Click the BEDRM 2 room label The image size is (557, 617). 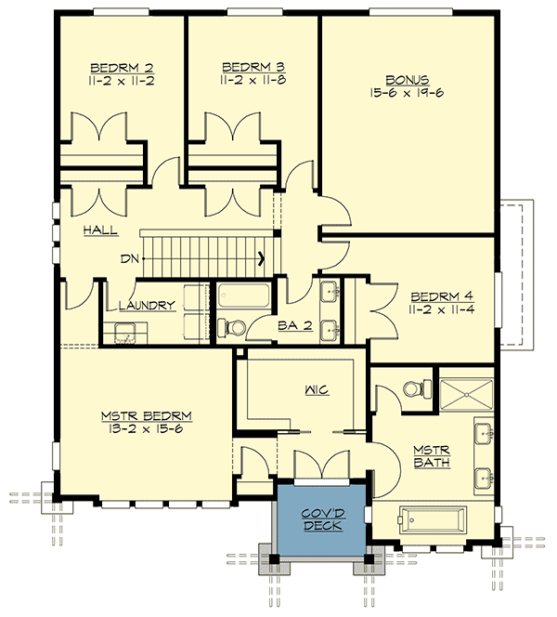point(122,68)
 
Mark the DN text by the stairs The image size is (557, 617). point(129,260)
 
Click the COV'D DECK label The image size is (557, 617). point(323,519)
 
